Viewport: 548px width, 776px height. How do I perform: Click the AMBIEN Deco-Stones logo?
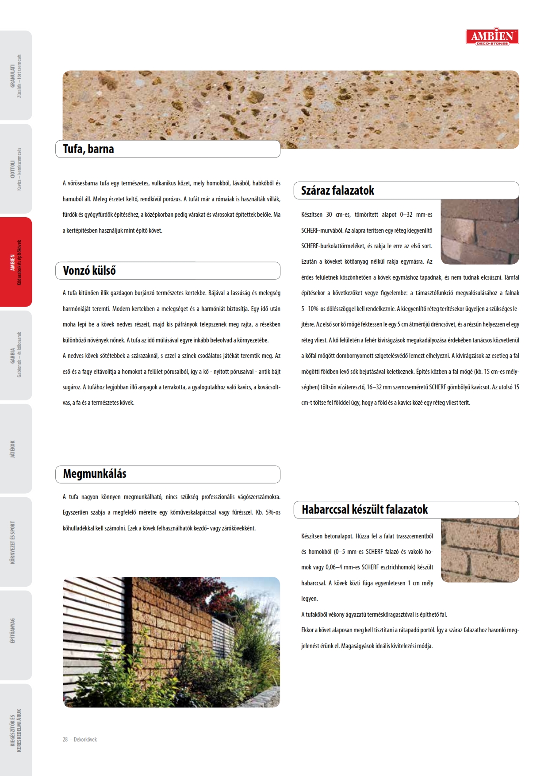(x=492, y=36)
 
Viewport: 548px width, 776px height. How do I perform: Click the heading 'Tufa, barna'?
(x=88, y=149)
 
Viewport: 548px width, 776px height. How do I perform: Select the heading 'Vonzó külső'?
(x=89, y=271)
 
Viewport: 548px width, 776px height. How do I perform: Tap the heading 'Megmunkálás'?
(x=95, y=474)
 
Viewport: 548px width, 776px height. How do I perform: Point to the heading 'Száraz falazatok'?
(x=337, y=191)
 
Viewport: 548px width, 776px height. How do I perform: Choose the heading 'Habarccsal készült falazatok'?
(x=364, y=510)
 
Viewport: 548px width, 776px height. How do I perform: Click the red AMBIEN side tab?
(x=16, y=262)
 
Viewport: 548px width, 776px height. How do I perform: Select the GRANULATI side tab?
(x=16, y=76)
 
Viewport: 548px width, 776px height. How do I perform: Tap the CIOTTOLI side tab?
(x=16, y=169)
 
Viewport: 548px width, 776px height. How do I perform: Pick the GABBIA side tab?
(x=16, y=355)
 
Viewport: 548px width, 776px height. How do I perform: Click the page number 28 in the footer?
(x=65, y=739)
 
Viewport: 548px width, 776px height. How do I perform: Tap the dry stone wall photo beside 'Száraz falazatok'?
(x=479, y=232)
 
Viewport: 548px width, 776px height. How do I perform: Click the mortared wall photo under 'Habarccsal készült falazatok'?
(x=479, y=550)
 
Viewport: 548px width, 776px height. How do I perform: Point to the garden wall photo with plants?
(x=171, y=642)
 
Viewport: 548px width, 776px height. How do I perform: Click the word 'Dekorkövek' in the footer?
(x=85, y=739)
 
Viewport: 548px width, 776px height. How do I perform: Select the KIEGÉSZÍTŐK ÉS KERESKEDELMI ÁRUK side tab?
(x=16, y=730)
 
